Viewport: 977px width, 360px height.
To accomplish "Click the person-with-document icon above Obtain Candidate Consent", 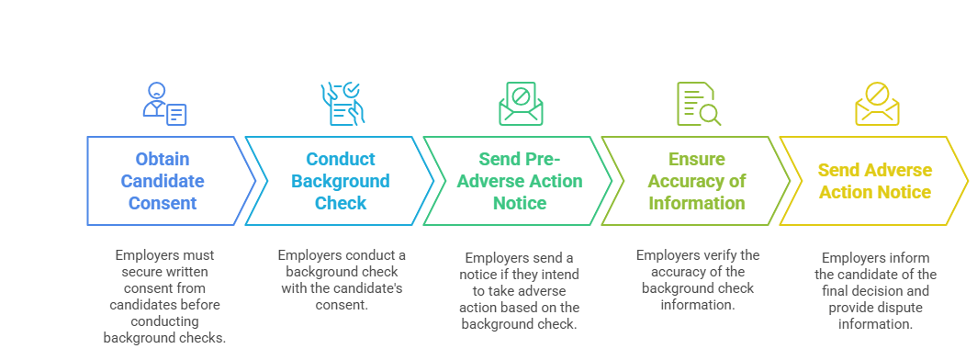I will coord(164,104).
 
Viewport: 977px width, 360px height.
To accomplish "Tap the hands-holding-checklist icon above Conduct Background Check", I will coord(341,104).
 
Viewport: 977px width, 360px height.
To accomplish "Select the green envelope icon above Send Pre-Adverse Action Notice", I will coord(521,104).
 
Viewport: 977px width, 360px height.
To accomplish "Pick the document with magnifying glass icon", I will coord(698,104).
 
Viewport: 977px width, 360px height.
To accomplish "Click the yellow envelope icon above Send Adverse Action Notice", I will coord(876,104).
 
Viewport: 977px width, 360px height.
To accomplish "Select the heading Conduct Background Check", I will coord(341,181).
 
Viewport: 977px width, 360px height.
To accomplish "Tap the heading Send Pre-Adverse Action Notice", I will coord(520,181).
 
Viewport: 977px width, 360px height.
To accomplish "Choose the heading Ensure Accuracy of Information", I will coord(697,181).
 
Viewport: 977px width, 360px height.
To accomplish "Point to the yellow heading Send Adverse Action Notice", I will coord(874,181).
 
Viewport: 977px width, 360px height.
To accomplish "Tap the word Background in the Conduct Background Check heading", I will coord(341,181).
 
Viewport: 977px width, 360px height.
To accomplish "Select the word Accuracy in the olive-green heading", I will coord(697,181).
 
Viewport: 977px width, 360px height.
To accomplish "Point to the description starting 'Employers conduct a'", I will coord(342,279).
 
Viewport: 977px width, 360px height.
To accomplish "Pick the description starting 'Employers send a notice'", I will coord(520,290).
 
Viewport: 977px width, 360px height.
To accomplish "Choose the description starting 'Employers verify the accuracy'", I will coord(698,279).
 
